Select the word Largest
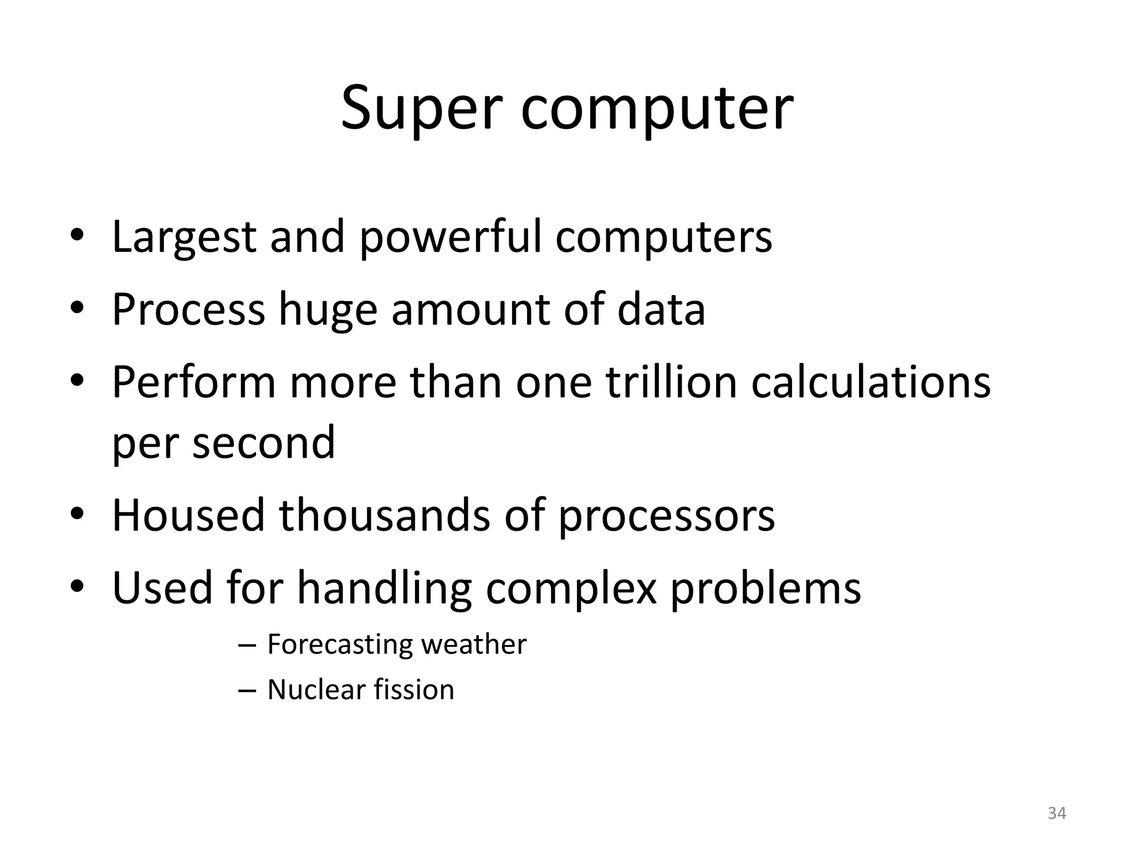tap(184, 237)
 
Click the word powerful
tap(451, 237)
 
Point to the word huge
tap(328, 311)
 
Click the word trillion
tap(671, 382)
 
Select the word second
tap(264, 443)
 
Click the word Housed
tap(188, 515)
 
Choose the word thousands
tap(385, 515)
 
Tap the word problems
tap(766, 589)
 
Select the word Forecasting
tap(340, 645)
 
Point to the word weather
tap(474, 645)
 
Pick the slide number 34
tap(1057, 813)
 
